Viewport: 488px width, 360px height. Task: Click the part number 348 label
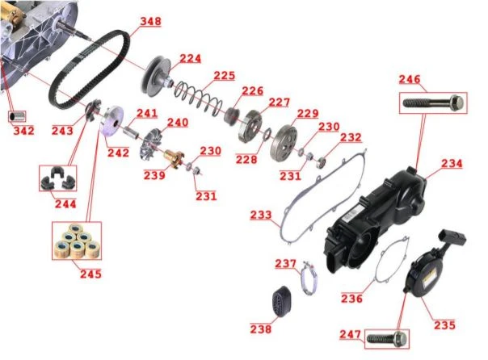pyautogui.click(x=150, y=21)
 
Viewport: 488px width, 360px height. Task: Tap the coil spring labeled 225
pyautogui.click(x=198, y=96)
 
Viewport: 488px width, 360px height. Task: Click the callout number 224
pyautogui.click(x=191, y=58)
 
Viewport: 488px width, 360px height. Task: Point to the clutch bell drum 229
pyautogui.click(x=284, y=142)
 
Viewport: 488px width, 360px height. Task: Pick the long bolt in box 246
pyautogui.click(x=433, y=103)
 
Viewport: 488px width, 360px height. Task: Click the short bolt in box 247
pyautogui.click(x=386, y=338)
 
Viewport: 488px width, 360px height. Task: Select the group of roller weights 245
pyautogui.click(x=77, y=241)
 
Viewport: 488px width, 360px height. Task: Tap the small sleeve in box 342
pyautogui.click(x=16, y=117)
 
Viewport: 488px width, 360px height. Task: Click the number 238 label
pyautogui.click(x=261, y=329)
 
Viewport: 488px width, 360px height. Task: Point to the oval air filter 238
pyautogui.click(x=281, y=299)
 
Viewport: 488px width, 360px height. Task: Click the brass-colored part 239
pyautogui.click(x=175, y=158)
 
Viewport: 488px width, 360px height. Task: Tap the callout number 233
pyautogui.click(x=261, y=215)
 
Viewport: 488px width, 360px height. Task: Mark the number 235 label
pyautogui.click(x=444, y=324)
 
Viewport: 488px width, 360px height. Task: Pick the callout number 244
pyautogui.click(x=65, y=204)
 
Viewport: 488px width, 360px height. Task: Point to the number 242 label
pyautogui.click(x=118, y=153)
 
